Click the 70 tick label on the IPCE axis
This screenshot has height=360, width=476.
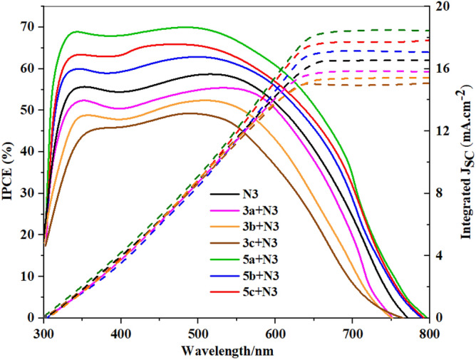click(29, 27)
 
